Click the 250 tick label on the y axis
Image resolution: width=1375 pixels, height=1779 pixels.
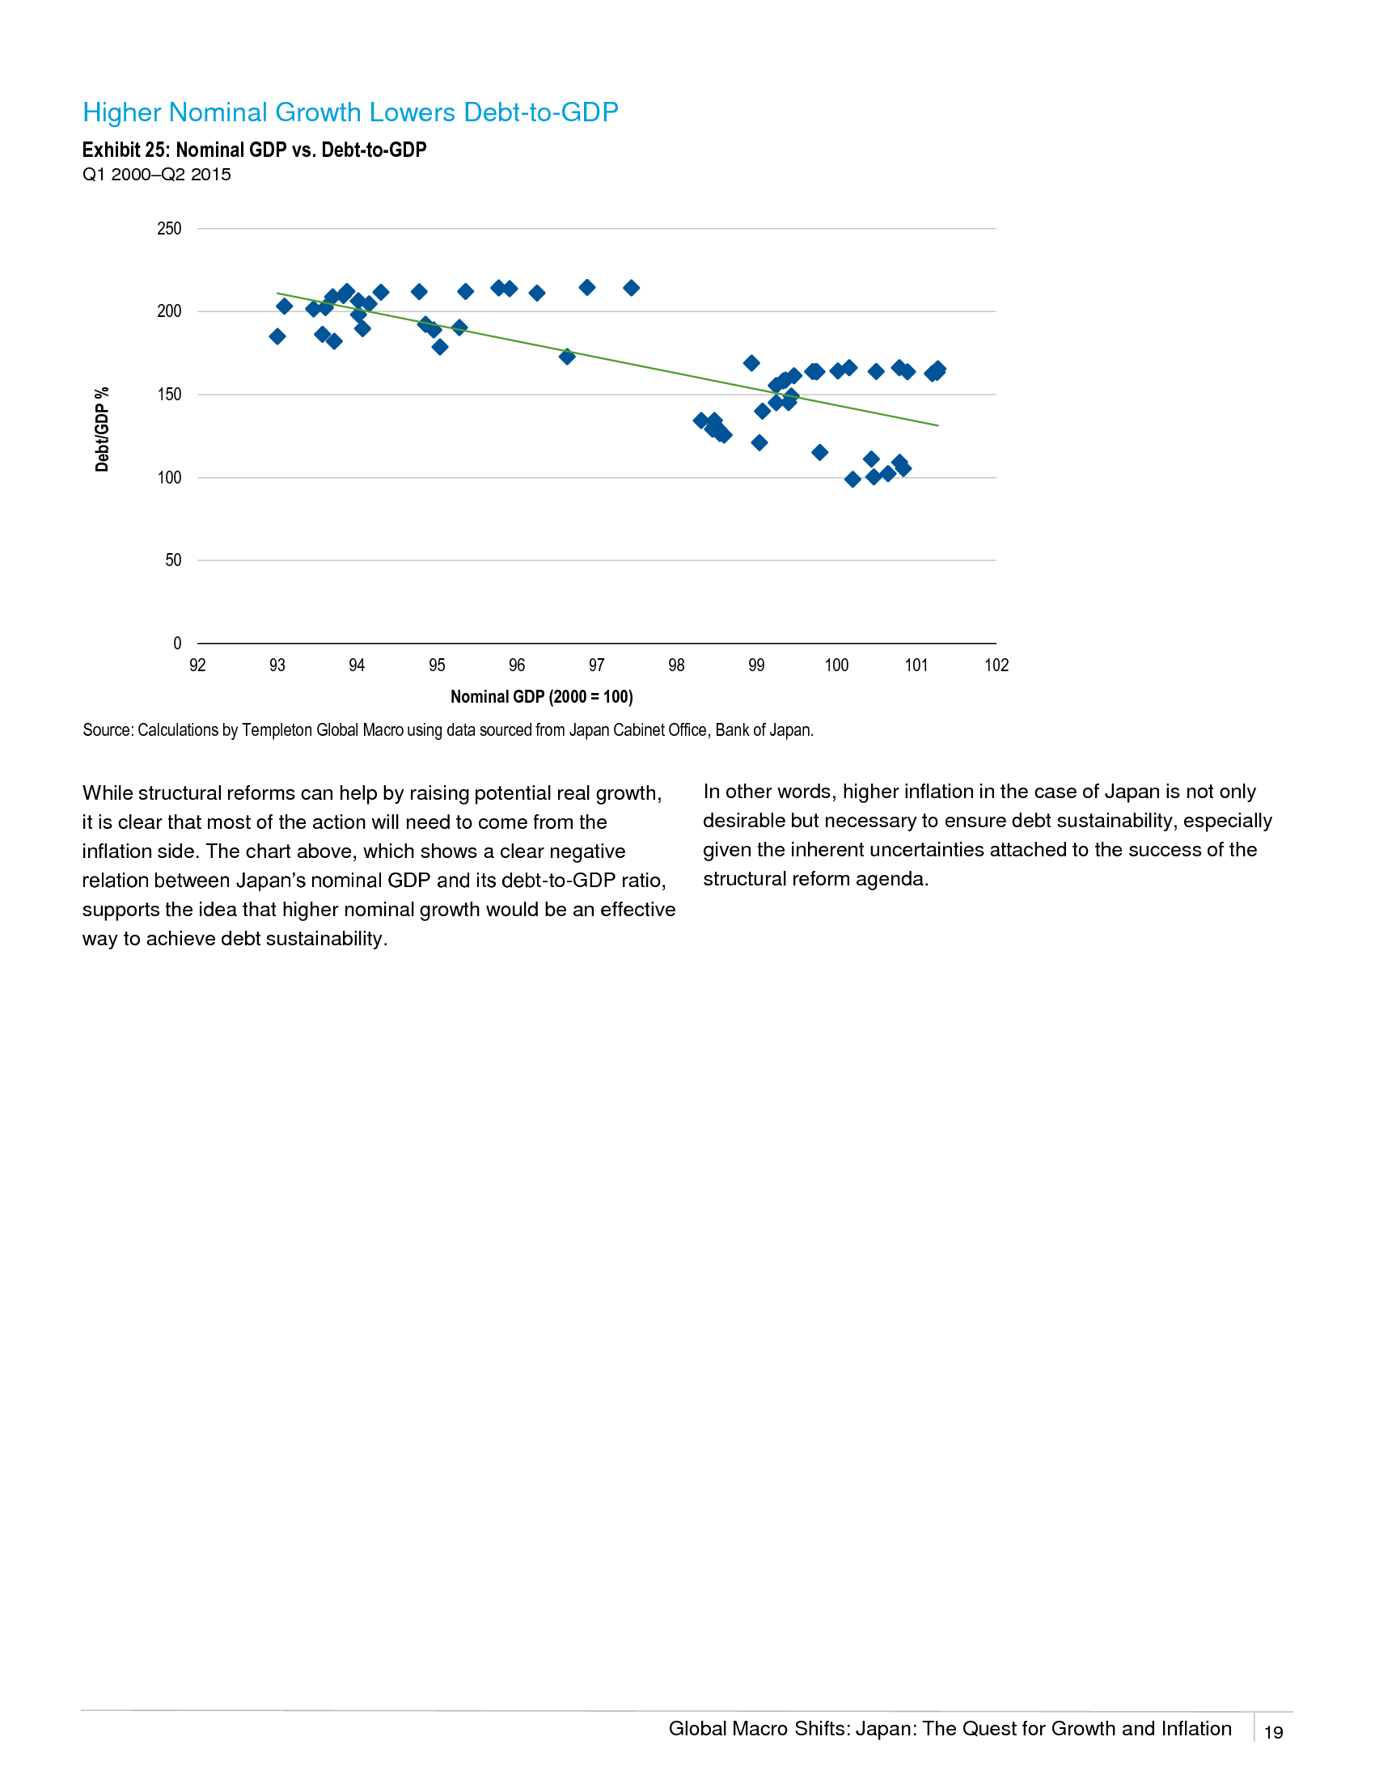169,229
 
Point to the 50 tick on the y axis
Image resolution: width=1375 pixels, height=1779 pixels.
174,560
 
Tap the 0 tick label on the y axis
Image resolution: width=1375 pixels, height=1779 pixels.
178,644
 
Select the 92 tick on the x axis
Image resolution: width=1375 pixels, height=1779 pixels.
197,666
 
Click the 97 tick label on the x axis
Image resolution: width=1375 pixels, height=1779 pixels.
596,666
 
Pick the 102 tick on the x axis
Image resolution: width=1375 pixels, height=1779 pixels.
996,666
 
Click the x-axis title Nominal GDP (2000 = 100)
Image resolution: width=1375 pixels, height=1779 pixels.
542,697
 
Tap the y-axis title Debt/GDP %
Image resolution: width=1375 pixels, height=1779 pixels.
102,429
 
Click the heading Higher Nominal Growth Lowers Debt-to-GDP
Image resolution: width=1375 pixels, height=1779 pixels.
350,112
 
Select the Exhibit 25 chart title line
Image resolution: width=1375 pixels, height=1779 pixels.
254,150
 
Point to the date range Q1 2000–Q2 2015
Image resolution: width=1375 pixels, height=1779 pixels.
156,175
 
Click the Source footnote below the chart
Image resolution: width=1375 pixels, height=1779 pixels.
448,731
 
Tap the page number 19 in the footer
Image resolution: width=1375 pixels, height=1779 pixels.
1273,1733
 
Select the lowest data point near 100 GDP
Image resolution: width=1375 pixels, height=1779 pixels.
852,480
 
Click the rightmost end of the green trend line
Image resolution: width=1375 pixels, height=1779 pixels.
938,426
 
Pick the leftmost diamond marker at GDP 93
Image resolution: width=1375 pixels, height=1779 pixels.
277,336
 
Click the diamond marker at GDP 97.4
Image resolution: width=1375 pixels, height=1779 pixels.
632,289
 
